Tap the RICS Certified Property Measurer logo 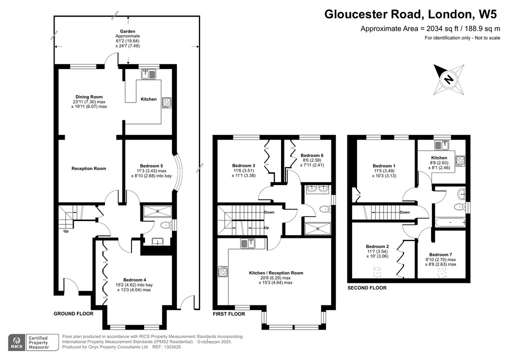pyautogui.click(x=30, y=343)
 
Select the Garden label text pyautogui.click(x=127, y=31)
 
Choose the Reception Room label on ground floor pyautogui.click(x=88, y=168)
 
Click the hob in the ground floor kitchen pyautogui.click(x=166, y=102)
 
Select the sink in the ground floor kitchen pyautogui.click(x=148, y=74)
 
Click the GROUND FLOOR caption pyautogui.click(x=73, y=314)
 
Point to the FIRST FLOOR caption pyautogui.click(x=228, y=314)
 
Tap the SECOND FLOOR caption pyautogui.click(x=367, y=288)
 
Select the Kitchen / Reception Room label pyautogui.click(x=276, y=273)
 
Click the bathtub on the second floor pyautogui.click(x=449, y=221)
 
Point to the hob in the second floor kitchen pyautogui.click(x=460, y=161)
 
